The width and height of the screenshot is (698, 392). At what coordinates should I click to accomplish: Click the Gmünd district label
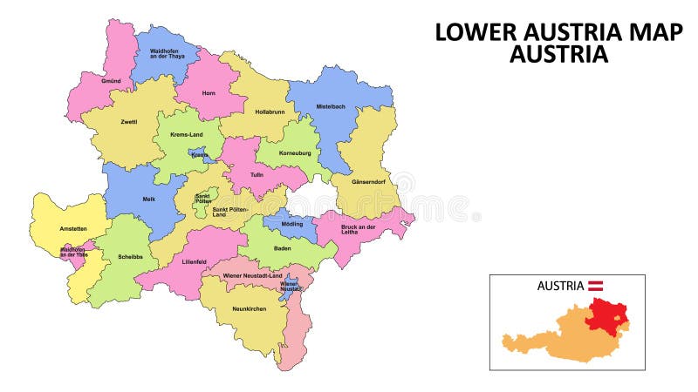point(111,80)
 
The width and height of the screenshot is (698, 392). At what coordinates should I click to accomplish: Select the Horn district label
point(208,92)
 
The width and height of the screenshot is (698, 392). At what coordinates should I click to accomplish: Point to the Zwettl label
point(129,122)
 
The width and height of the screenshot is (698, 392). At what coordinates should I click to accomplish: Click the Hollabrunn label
point(271,112)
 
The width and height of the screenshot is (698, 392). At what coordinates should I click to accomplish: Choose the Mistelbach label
point(331,106)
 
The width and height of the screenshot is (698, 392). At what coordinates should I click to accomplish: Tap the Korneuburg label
point(295,152)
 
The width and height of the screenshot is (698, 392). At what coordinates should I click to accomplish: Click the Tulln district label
point(257,174)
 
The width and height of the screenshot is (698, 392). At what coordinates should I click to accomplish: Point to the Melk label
point(148,199)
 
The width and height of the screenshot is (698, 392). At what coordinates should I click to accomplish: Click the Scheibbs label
point(130,257)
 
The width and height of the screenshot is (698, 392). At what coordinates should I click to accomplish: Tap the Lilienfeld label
point(195,260)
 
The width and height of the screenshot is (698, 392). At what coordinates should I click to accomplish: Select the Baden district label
point(283,248)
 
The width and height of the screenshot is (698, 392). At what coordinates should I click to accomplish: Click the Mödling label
point(292,224)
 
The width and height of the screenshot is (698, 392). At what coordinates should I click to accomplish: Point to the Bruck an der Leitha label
point(358,229)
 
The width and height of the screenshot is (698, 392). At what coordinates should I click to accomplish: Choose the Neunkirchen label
point(249,309)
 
